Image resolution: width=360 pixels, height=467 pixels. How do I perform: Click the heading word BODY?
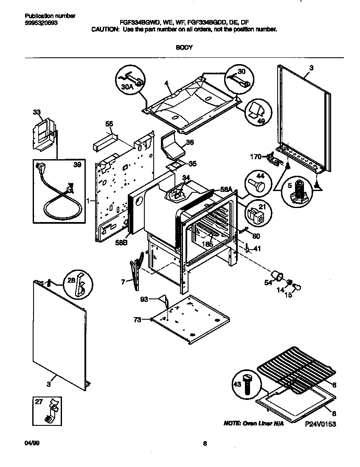[184, 48]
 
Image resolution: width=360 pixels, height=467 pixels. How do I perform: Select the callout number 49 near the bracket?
[262, 121]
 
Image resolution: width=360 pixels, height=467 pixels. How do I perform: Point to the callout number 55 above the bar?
[109, 124]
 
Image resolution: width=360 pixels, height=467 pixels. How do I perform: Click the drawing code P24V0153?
[320, 424]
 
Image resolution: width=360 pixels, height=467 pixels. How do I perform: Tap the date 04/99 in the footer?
[27, 444]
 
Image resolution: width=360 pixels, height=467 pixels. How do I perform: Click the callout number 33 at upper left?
[37, 112]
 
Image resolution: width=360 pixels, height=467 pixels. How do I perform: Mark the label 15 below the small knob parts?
[288, 295]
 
